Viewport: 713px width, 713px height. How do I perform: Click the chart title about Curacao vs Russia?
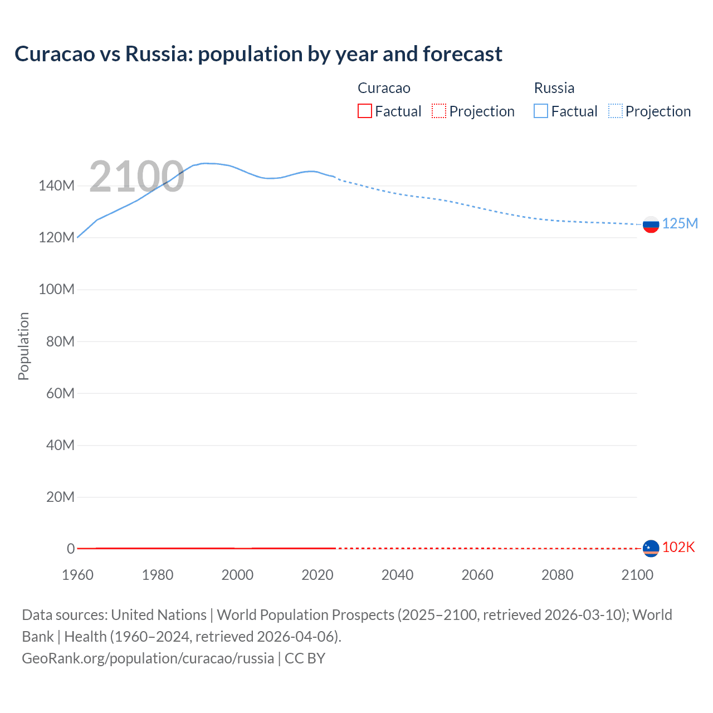click(x=258, y=54)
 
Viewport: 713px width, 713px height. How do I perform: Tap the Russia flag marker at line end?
click(x=651, y=224)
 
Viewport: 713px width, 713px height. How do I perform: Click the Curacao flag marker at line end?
click(x=651, y=548)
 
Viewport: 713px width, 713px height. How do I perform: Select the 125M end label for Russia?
click(x=680, y=223)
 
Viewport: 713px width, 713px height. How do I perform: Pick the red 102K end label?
click(x=678, y=547)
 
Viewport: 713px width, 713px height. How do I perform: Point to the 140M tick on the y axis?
click(x=56, y=185)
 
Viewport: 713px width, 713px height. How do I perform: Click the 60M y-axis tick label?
click(x=60, y=393)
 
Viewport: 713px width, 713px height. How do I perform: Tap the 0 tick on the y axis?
click(x=71, y=549)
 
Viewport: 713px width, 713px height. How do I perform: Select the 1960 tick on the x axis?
click(x=77, y=575)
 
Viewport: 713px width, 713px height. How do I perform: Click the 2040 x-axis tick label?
click(x=397, y=575)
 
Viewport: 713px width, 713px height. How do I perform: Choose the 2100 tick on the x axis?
click(x=637, y=575)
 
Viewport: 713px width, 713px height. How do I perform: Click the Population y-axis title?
click(x=23, y=346)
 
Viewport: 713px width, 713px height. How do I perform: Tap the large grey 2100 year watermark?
click(x=136, y=177)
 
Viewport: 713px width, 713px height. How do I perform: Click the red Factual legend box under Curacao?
click(x=364, y=111)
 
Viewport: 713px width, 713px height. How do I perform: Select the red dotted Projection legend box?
click(x=439, y=111)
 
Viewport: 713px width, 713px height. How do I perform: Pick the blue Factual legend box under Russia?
click(x=541, y=111)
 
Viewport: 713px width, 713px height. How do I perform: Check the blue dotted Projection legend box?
click(x=616, y=111)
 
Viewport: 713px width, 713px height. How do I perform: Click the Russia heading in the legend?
click(x=554, y=88)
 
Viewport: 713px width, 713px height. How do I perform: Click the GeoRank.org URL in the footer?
click(x=148, y=658)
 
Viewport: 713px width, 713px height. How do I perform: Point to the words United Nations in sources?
click(x=159, y=615)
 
